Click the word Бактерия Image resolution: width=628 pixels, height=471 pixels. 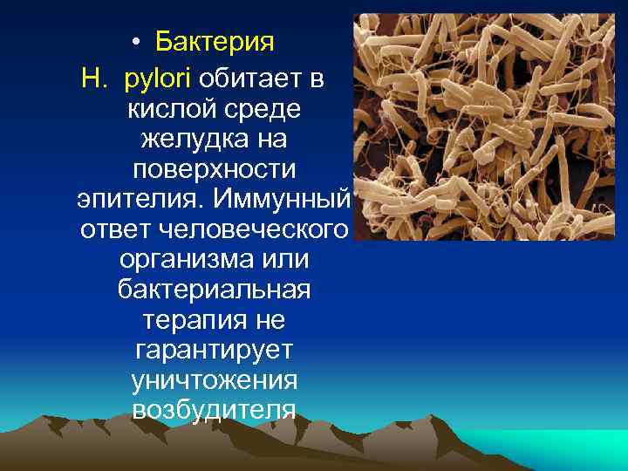point(215,41)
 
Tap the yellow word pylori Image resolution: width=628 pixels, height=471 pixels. point(160,80)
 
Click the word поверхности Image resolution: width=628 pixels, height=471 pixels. point(214,168)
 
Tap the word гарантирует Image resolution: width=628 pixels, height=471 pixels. point(214,351)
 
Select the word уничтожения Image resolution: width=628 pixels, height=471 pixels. point(214,380)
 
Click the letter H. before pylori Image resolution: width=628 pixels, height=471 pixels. point(94,80)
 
